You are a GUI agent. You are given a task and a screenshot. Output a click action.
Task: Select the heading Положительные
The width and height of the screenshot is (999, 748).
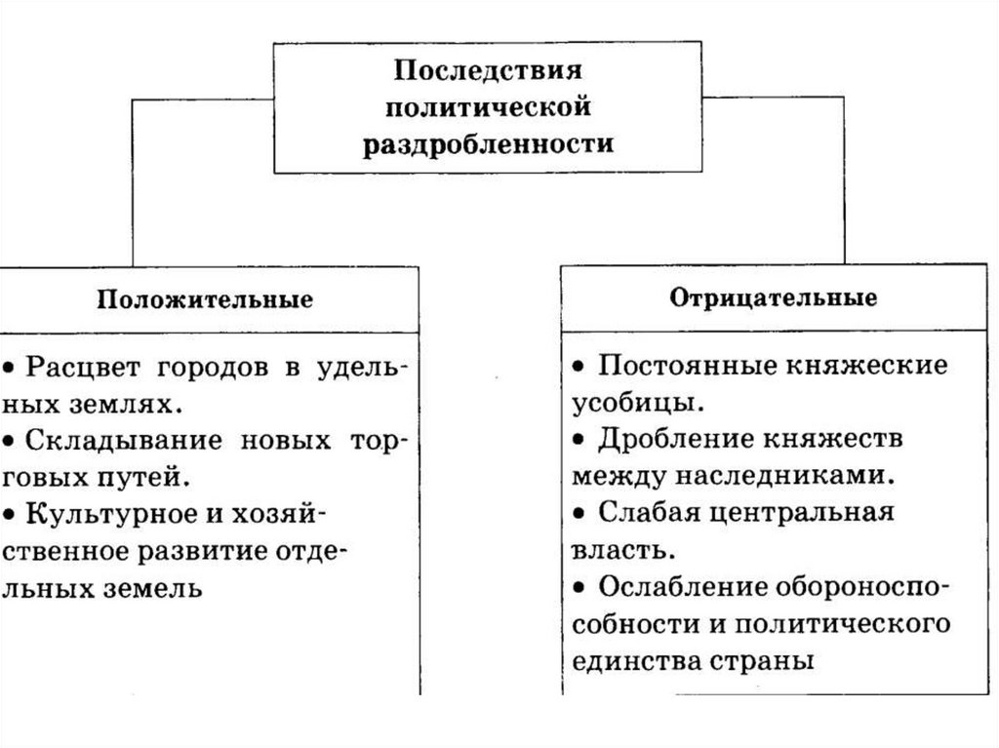click(205, 298)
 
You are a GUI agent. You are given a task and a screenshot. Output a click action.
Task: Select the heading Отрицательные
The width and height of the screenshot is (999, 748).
click(774, 296)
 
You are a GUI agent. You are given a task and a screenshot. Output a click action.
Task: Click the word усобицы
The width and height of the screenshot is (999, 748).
click(633, 403)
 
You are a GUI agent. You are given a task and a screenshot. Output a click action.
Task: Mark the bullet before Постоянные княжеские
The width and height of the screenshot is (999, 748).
click(579, 367)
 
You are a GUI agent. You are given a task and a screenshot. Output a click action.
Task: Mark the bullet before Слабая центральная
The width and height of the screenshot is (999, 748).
click(579, 513)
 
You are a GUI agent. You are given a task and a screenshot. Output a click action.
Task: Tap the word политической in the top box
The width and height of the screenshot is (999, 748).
click(488, 107)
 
